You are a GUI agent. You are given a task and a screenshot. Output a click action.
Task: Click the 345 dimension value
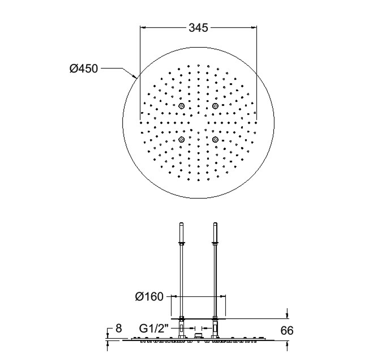pyautogui.click(x=198, y=28)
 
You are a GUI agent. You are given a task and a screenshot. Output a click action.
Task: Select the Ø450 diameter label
pyautogui.click(x=83, y=69)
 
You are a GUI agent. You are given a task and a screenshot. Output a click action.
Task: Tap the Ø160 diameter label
pyautogui.click(x=149, y=297)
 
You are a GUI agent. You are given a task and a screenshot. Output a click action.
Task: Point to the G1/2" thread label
pyautogui.click(x=154, y=328)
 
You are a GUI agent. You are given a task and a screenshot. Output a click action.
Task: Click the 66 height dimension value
pyautogui.click(x=287, y=330)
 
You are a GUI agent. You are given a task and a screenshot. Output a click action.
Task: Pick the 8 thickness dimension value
pyautogui.click(x=119, y=328)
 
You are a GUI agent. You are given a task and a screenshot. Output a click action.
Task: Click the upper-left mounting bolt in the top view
pyautogui.click(x=181, y=106)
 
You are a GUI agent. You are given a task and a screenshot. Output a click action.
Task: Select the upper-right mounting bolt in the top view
pyautogui.click(x=215, y=106)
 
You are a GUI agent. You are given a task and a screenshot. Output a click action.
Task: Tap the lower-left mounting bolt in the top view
pyautogui.click(x=181, y=139)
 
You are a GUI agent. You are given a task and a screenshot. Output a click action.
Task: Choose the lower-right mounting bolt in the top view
pyautogui.click(x=215, y=139)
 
